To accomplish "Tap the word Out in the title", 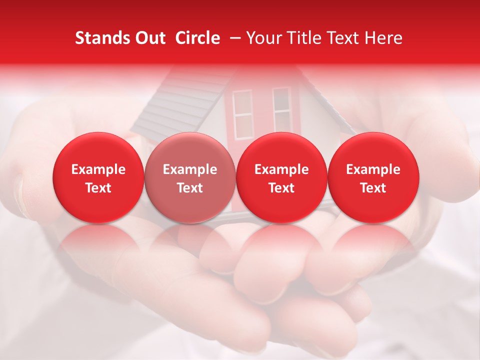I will click(x=149, y=38).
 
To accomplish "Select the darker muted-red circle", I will click(x=189, y=177).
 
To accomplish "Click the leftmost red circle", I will click(x=98, y=177).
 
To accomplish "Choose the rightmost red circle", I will click(x=373, y=177).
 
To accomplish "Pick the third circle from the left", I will click(x=281, y=177).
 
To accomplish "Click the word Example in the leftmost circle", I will click(x=98, y=169).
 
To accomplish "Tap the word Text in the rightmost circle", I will click(x=373, y=188).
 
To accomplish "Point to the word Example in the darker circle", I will click(x=189, y=169).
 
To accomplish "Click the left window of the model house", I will click(x=243, y=114).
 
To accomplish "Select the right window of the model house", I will click(x=281, y=107).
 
